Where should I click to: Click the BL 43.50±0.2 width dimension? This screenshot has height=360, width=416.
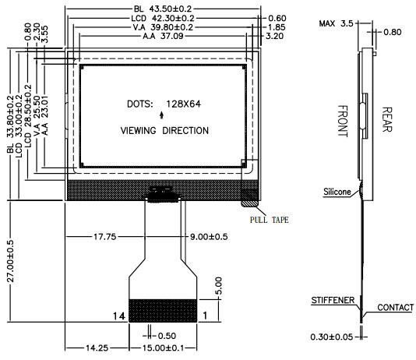tap(163, 9)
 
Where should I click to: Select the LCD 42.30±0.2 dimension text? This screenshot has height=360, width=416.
tap(163, 18)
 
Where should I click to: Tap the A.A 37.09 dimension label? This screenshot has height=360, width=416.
tap(163, 36)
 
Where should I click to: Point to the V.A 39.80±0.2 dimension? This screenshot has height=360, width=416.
tap(163, 27)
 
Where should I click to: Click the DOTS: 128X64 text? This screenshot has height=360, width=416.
tap(164, 104)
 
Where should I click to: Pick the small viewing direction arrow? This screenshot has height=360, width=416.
tap(161, 115)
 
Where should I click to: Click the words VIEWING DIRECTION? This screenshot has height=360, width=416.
tap(164, 131)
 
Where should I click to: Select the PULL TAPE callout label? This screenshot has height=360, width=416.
tap(270, 220)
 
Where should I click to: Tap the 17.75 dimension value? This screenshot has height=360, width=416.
tap(105, 236)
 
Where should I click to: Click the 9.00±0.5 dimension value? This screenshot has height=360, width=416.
tap(209, 236)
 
